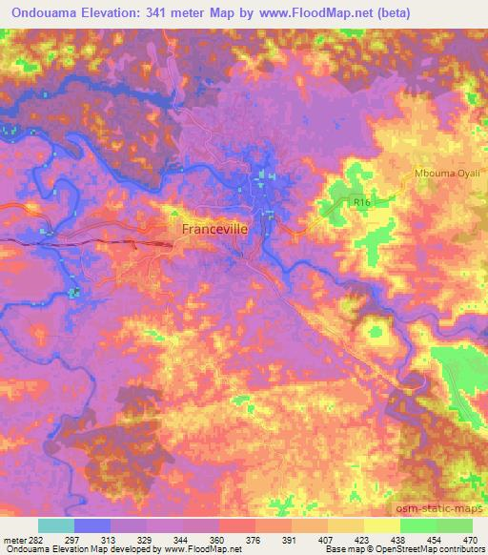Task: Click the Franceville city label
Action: tap(220, 230)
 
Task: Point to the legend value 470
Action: tap(471, 539)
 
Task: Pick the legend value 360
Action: tap(217, 539)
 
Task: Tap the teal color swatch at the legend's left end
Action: tap(55, 525)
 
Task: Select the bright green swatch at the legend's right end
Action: tap(455, 525)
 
